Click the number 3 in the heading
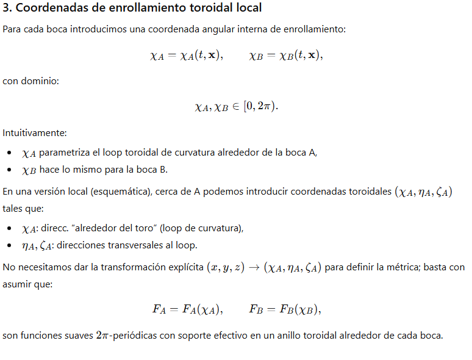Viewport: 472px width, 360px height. coord(7,8)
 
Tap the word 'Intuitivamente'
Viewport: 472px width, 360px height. coord(34,132)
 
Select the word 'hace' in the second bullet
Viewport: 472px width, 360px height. coord(50,169)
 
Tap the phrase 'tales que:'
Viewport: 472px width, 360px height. coord(23,209)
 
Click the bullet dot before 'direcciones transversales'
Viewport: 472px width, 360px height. coord(9,246)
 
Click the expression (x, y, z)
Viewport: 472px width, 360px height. coord(226,268)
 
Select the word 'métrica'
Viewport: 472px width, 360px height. coord(410,267)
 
